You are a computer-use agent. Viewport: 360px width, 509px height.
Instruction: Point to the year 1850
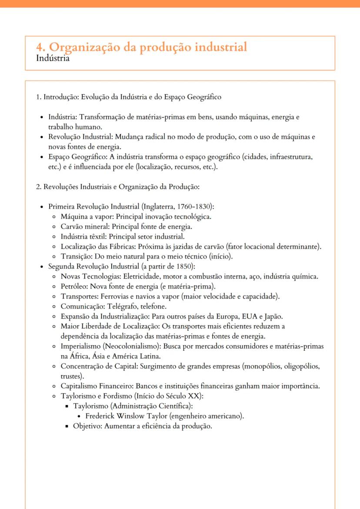(x=172, y=266)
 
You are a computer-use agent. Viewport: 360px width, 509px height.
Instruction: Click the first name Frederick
(x=102, y=416)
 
